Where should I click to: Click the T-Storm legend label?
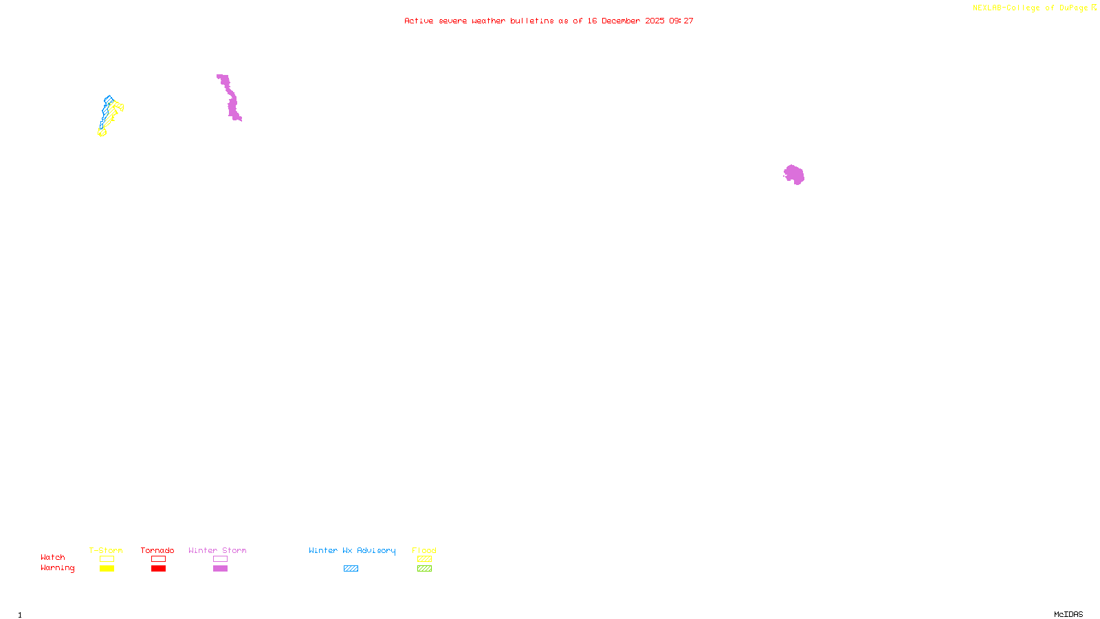pos(106,550)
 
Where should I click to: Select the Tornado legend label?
pos(157,550)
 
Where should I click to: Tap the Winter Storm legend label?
pos(217,550)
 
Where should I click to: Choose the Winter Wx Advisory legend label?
pos(352,550)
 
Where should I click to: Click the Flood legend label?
pos(424,550)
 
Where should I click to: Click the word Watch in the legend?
pos(53,557)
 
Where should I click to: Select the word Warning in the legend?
pos(57,568)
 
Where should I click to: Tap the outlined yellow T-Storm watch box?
pos(107,559)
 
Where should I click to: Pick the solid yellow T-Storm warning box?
pos(107,569)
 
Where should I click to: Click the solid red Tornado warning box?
pos(158,569)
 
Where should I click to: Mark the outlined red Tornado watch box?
pos(158,559)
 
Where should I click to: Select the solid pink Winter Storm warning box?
pos(220,569)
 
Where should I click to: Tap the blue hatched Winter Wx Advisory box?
pos(351,569)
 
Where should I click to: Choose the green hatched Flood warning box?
pos(424,569)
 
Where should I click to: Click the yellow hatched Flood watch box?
pos(424,559)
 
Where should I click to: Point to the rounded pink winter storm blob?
pos(794,175)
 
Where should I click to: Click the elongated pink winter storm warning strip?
pos(231,100)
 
